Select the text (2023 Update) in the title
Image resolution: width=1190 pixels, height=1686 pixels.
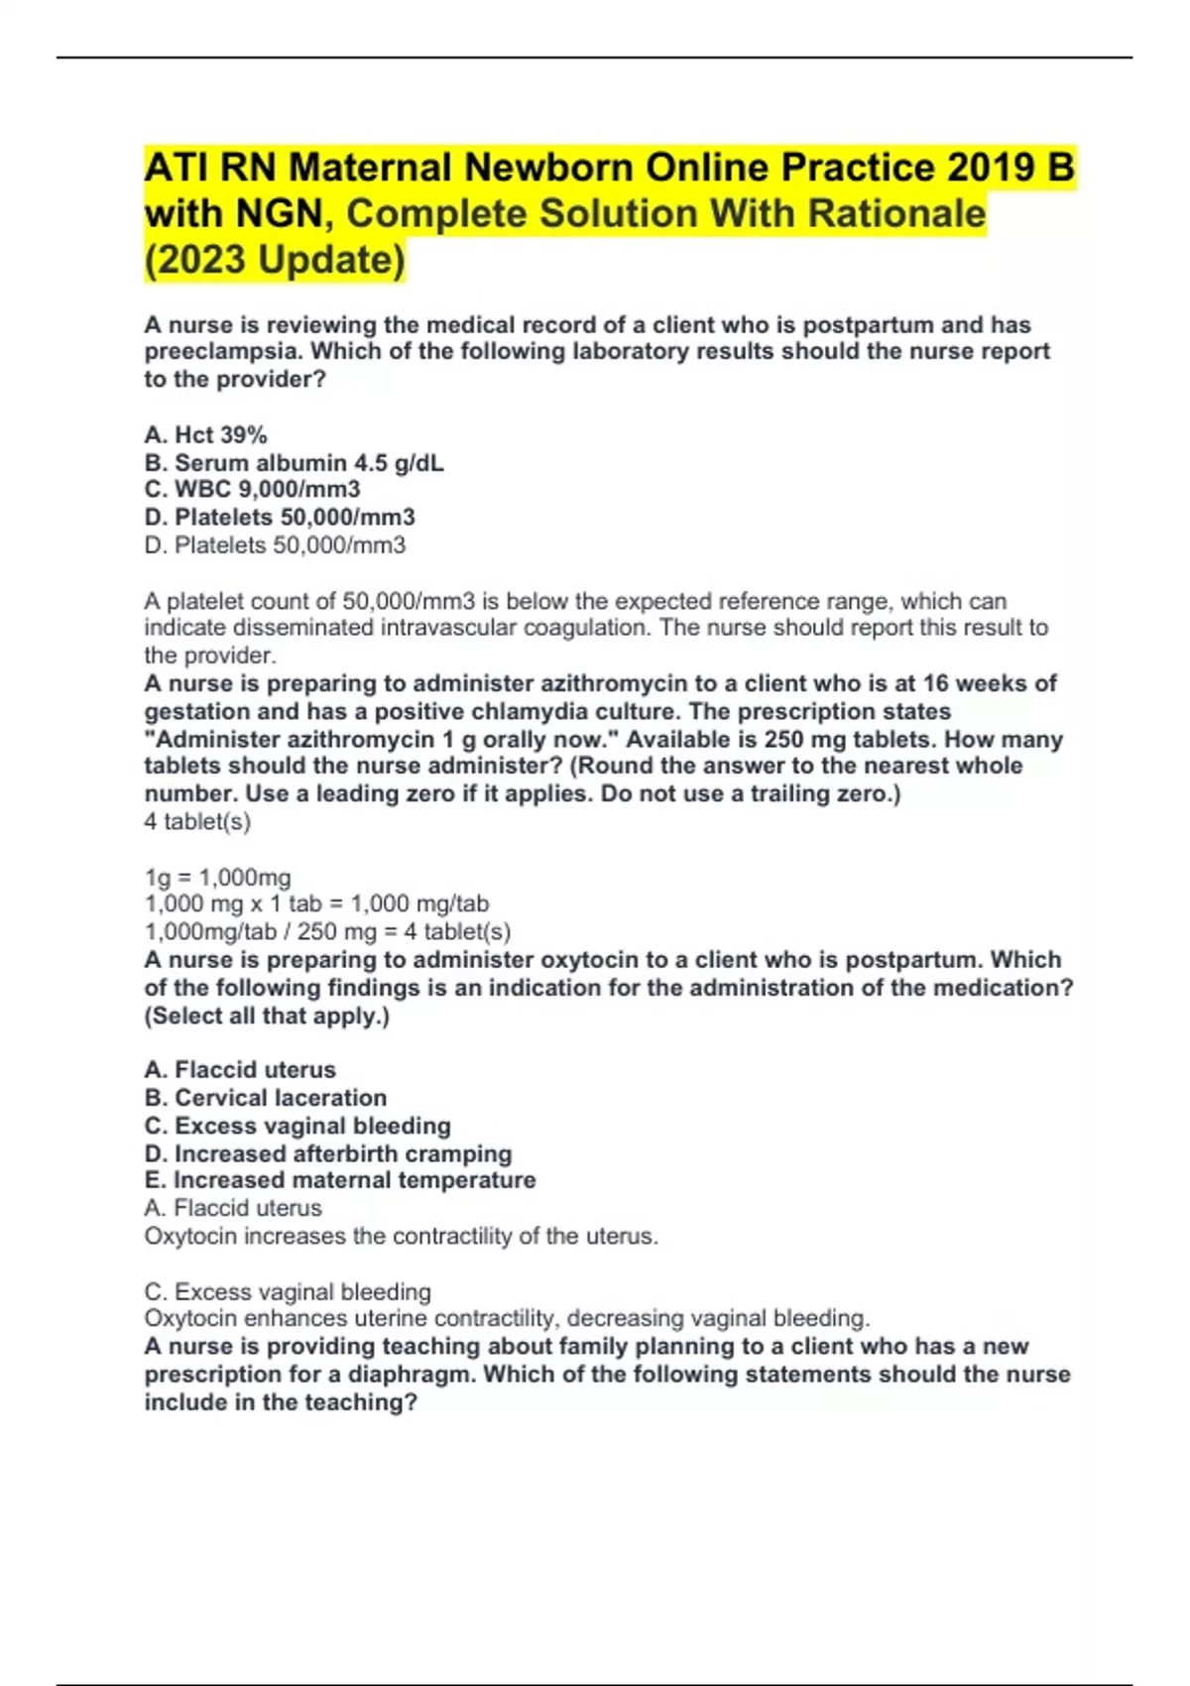[275, 260]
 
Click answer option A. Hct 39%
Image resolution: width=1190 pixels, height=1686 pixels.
[205, 434]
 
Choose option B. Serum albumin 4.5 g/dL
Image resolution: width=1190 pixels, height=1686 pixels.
[294, 462]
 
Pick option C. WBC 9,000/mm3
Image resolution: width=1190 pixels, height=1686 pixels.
[252, 489]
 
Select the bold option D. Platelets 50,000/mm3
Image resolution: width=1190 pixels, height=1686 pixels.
[279, 517]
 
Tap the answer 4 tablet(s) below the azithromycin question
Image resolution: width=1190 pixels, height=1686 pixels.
[197, 821]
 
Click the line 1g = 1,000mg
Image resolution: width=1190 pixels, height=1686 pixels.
[217, 877]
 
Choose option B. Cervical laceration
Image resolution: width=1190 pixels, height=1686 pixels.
[265, 1097]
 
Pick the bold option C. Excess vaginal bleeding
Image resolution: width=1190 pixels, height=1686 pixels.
[297, 1126]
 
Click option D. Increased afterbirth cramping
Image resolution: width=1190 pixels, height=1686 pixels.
[327, 1153]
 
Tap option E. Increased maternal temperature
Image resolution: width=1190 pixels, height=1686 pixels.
[339, 1180]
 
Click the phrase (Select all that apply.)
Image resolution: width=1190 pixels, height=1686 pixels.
[267, 1016]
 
